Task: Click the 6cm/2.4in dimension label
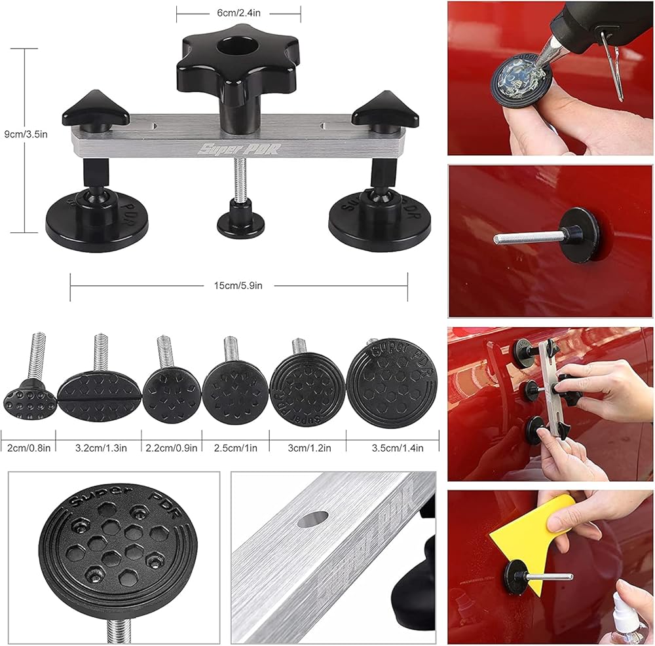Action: (238, 13)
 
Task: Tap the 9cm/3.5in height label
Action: (26, 134)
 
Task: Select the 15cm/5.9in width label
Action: (238, 286)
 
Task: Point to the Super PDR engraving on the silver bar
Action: (240, 149)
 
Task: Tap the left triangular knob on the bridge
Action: (96, 111)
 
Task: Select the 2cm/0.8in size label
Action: (29, 448)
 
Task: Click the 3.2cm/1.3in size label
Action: (101, 448)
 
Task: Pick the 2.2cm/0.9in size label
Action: (171, 448)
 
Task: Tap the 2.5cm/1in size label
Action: (236, 448)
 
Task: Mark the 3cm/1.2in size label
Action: (310, 448)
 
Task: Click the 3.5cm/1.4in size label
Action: (398, 448)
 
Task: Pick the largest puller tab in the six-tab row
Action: (392, 383)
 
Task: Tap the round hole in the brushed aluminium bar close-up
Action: (313, 519)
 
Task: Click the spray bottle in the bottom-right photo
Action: (627, 619)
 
